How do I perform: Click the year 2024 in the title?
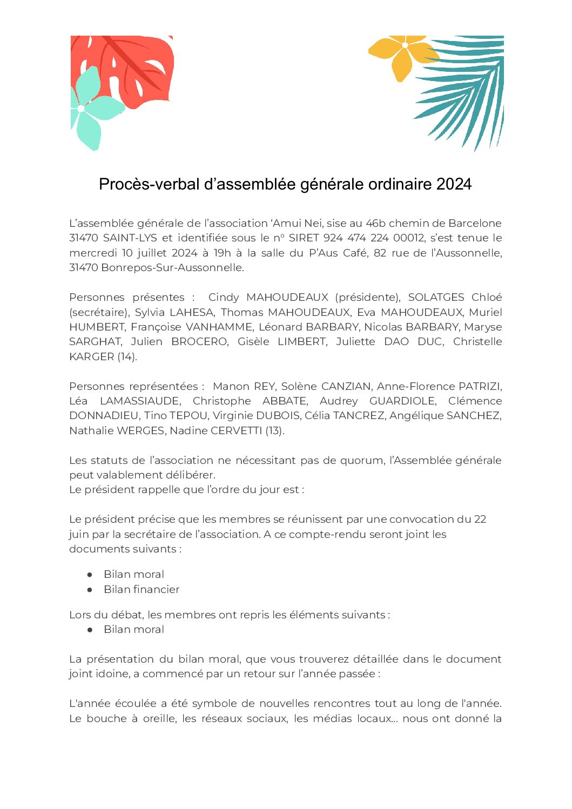coord(454,184)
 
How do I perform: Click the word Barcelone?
coord(475,223)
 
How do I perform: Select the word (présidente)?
coord(367,297)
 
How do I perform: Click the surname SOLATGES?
coord(436,297)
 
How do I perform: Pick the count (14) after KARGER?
coord(127,356)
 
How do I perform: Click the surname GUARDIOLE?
coord(402,401)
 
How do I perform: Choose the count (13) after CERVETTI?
coord(274,430)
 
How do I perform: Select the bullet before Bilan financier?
coord(90,590)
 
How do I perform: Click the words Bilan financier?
coord(142,589)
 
